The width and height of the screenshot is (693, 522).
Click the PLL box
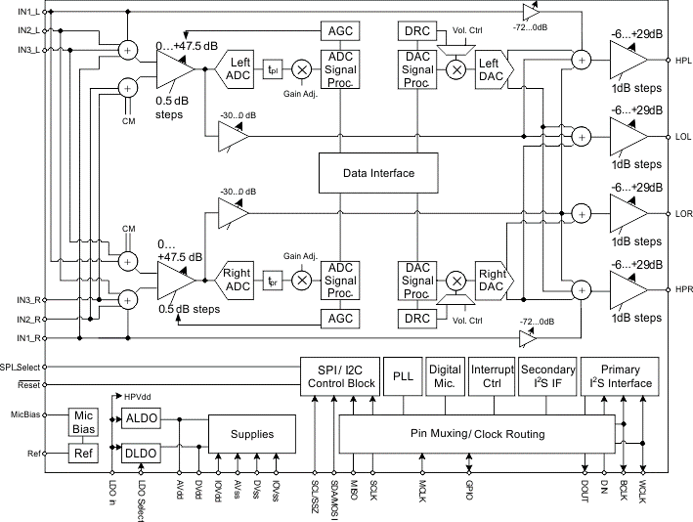point(403,375)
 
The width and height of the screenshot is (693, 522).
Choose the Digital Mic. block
point(445,375)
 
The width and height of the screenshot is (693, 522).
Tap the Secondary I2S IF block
point(547,375)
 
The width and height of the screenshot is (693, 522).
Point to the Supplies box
point(251,433)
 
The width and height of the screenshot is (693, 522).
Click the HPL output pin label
point(682,62)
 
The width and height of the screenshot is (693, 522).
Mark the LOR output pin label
point(682,212)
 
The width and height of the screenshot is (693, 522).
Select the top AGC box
point(340,31)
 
